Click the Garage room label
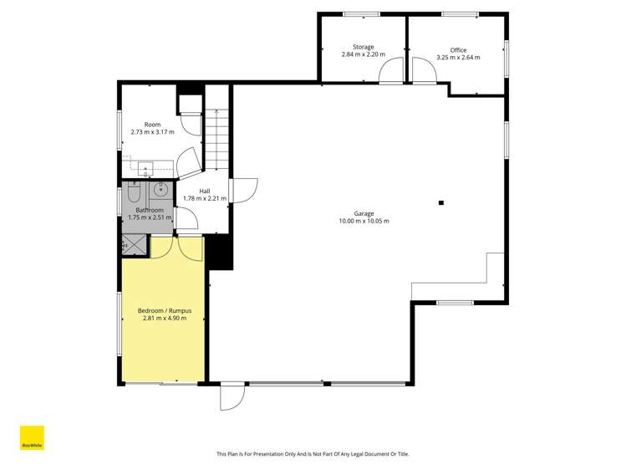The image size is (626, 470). point(364,213)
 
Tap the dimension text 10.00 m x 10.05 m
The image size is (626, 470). point(364,222)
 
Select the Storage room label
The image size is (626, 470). point(363,48)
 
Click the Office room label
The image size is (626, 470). point(458,50)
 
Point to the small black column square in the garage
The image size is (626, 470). point(441,202)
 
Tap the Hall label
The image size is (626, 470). point(205,192)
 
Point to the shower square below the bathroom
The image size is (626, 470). point(134,245)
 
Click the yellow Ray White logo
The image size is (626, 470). point(32,439)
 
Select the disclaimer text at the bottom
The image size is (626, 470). point(313,454)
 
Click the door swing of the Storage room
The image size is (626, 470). point(390,73)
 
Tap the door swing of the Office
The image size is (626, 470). point(423,73)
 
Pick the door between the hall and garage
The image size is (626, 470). point(243,191)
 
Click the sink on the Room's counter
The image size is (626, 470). point(146,166)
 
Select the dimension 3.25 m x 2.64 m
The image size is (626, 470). point(458,58)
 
